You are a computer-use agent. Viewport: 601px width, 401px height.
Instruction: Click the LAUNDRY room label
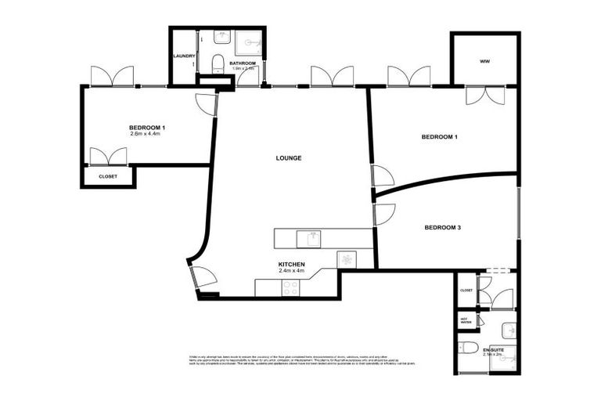point(184,56)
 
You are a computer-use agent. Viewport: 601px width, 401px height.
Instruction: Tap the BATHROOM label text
point(243,63)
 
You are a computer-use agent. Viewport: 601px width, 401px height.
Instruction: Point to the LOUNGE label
point(289,158)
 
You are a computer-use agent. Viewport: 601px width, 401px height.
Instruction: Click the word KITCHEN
point(291,265)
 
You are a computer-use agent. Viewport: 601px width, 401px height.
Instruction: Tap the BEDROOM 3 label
point(442,228)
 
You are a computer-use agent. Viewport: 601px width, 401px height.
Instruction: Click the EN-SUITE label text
point(494,349)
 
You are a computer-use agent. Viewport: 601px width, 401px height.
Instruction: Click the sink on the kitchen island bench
point(312,236)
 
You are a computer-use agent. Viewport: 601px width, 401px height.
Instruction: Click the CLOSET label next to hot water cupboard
point(466,290)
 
